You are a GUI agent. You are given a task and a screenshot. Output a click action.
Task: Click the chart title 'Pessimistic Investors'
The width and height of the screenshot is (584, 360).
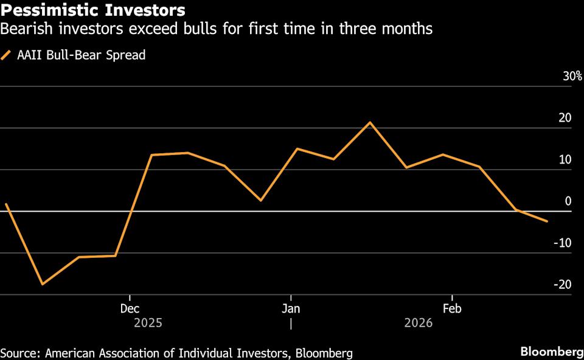click(93, 10)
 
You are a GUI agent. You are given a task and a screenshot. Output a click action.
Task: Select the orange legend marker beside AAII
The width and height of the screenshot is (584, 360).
click(7, 55)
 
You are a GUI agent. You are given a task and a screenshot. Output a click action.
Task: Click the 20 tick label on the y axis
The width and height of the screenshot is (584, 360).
click(565, 118)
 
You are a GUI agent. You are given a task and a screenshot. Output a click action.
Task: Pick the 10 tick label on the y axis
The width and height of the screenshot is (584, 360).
click(565, 159)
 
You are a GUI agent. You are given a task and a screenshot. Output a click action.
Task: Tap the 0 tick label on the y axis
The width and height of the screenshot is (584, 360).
click(568, 201)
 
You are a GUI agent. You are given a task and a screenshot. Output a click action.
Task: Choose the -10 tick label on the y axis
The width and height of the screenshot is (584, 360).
click(563, 243)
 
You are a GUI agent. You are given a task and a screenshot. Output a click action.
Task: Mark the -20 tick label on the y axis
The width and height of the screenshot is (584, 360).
click(563, 284)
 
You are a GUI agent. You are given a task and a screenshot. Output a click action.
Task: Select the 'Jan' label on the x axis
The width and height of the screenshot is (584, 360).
click(291, 308)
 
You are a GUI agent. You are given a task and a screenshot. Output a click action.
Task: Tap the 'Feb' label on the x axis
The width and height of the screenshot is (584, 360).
click(451, 308)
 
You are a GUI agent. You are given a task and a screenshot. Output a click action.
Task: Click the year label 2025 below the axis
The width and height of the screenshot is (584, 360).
click(148, 323)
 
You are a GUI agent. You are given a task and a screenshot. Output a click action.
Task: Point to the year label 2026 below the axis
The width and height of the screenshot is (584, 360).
click(418, 323)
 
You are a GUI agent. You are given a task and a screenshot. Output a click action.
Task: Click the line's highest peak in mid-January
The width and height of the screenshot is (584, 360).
click(369, 122)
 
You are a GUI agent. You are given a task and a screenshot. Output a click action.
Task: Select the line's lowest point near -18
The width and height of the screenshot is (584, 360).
click(42, 284)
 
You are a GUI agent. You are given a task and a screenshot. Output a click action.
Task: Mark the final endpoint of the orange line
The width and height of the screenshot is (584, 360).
click(547, 221)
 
